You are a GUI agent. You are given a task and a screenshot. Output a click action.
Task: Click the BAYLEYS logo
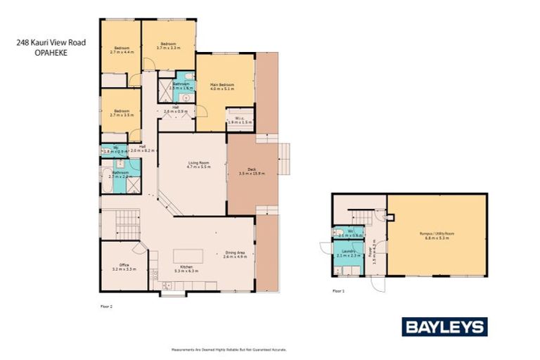pos(444,326)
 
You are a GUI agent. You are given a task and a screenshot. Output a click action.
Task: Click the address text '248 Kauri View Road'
pos(51,43)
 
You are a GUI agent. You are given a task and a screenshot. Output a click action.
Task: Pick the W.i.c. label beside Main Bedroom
pos(235,119)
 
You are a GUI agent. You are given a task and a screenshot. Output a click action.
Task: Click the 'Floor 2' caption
pos(106,307)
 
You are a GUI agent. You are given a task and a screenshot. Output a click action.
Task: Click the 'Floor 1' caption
pos(338,290)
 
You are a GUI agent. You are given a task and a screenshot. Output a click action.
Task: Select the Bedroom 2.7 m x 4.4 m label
pos(121,49)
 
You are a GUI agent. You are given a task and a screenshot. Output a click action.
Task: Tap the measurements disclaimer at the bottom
pos(229,349)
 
